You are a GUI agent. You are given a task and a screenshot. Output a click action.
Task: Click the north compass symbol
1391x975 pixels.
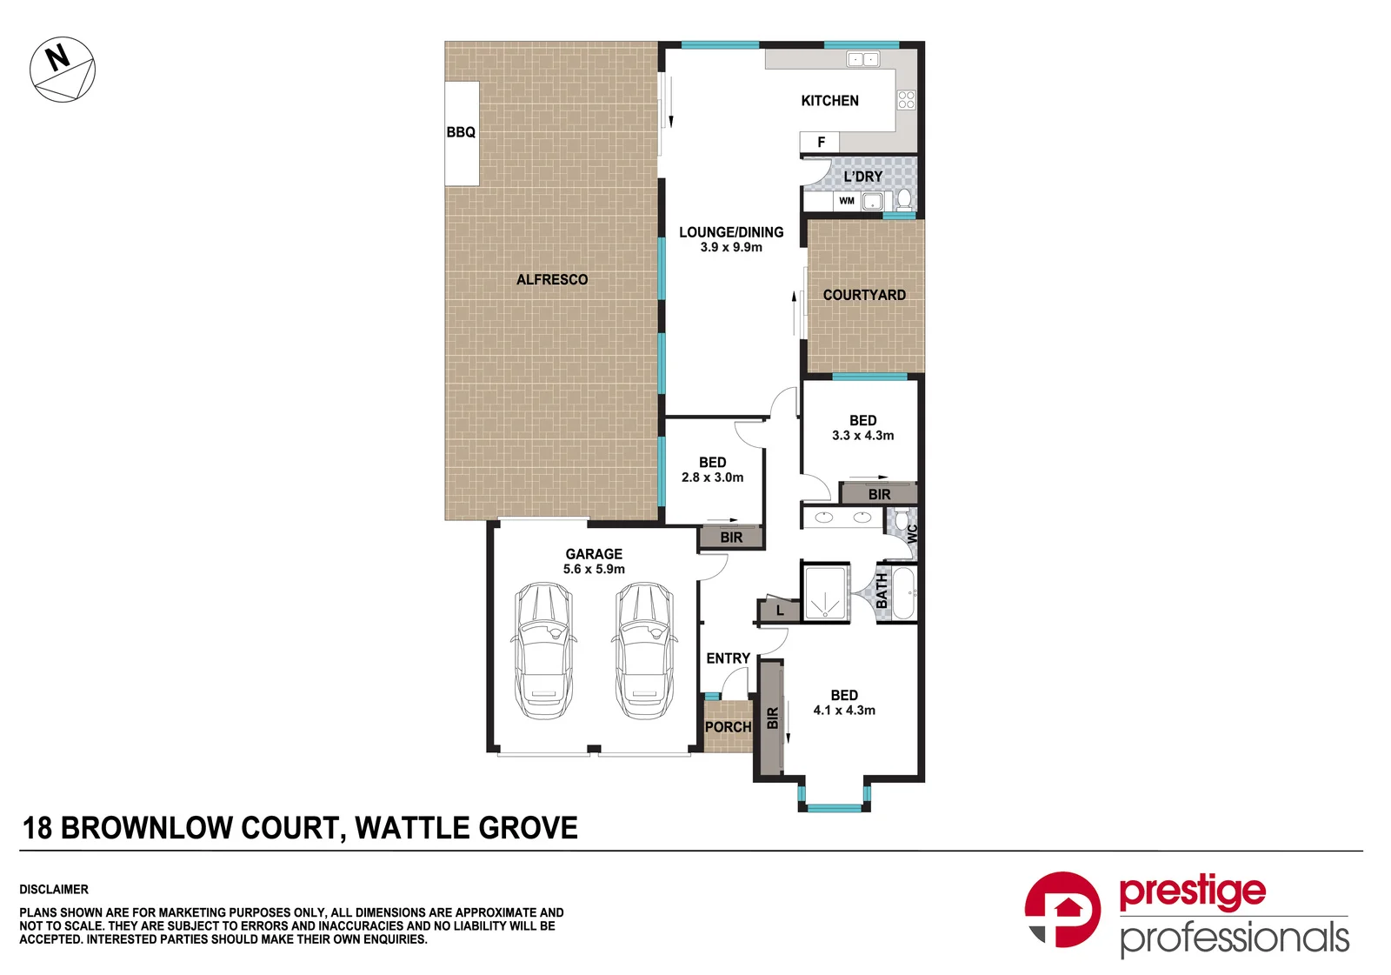point(63,70)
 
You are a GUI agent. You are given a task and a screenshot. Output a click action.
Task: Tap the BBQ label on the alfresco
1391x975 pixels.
point(461,132)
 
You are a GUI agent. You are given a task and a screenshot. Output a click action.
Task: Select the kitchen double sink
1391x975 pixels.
point(863,60)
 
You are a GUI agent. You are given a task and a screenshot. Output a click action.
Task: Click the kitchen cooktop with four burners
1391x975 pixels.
point(906,100)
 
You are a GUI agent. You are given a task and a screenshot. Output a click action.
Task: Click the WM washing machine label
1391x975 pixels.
point(847,201)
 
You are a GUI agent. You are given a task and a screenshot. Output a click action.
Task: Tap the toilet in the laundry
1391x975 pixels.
point(904,200)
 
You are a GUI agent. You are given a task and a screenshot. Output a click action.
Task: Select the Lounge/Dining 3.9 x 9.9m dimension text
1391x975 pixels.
point(731,247)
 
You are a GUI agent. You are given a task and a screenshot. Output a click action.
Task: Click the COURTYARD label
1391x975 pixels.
point(864,295)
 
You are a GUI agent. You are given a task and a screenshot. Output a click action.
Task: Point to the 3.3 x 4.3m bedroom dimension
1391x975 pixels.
point(862,436)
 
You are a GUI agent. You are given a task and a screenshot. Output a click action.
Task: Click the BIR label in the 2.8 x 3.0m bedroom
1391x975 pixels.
point(731,538)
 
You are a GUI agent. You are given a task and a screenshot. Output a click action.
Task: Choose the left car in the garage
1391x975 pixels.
point(544,651)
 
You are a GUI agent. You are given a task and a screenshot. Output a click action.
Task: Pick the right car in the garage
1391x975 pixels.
point(644,651)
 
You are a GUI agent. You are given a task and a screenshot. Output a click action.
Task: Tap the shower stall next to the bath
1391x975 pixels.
point(825,593)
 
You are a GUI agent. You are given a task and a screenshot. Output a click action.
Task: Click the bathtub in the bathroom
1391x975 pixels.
point(903,592)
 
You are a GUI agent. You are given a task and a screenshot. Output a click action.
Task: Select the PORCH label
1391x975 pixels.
point(728,726)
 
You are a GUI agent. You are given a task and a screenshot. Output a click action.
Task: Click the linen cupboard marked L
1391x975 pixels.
point(779,611)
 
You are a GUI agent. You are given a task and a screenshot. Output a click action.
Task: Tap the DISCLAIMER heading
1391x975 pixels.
point(54,889)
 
